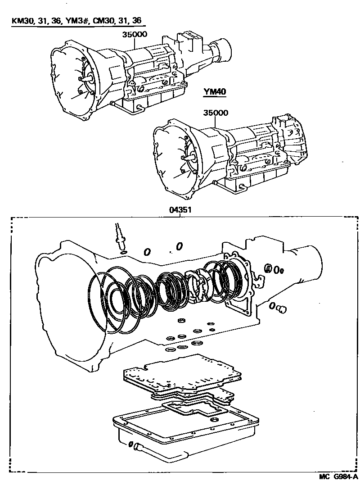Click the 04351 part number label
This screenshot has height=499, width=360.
pos(180,210)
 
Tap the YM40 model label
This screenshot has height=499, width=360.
pos(215,92)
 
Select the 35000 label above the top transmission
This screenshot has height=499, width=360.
pos(135,34)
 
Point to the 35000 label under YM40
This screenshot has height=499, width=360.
pos(216,113)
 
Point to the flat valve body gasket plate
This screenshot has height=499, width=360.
pos(182,372)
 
